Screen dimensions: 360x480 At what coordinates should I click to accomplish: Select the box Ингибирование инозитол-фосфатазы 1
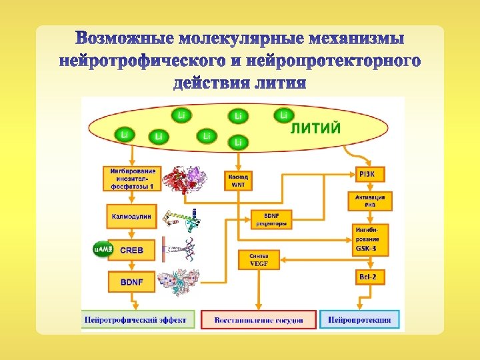tap(132, 178)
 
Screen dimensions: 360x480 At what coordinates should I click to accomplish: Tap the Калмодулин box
tap(132, 216)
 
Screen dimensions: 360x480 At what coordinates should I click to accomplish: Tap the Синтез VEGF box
tap(259, 259)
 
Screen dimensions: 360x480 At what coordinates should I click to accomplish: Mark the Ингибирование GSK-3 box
tap(370, 239)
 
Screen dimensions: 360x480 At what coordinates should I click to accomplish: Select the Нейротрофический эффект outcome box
tap(139, 320)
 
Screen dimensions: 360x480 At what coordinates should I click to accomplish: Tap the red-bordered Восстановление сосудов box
tap(259, 320)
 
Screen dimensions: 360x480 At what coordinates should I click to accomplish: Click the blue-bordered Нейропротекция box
tap(360, 320)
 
